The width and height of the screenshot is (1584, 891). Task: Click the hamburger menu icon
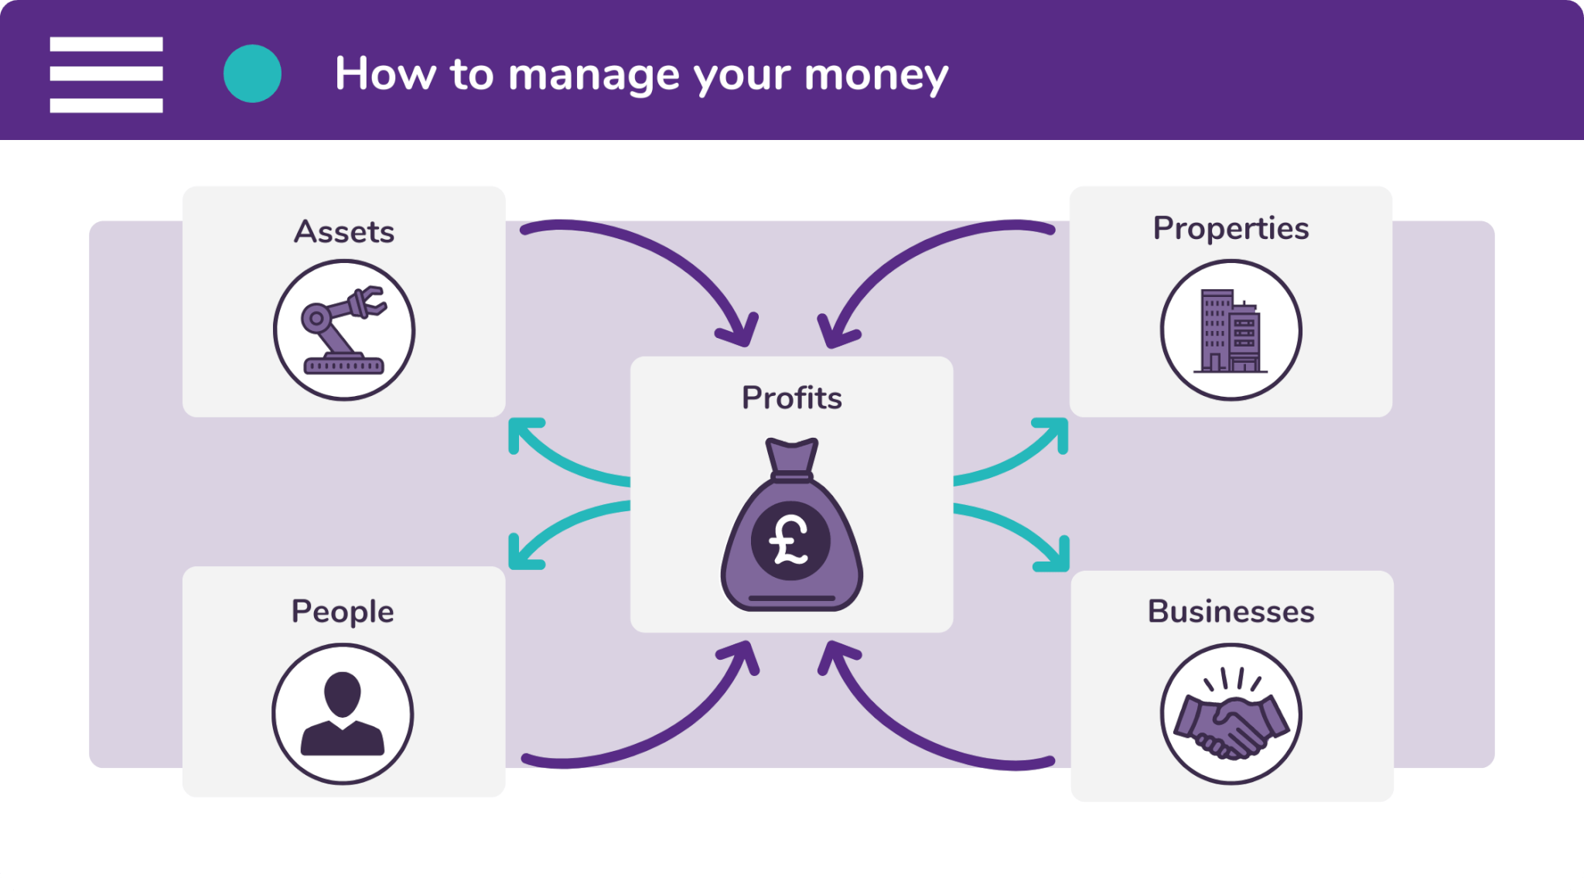point(106,74)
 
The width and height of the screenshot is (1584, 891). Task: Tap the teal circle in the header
point(252,73)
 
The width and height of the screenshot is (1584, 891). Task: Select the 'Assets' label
point(344,232)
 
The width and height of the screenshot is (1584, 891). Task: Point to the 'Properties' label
point(1231,229)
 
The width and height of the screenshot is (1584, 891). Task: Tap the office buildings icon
point(1231,330)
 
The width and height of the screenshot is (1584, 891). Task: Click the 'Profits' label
point(791,398)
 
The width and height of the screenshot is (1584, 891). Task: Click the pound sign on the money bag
point(789,540)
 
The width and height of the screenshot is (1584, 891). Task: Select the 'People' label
point(343,612)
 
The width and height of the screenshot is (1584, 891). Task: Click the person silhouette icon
point(343,714)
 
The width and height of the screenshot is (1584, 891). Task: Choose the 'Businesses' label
point(1231,612)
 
